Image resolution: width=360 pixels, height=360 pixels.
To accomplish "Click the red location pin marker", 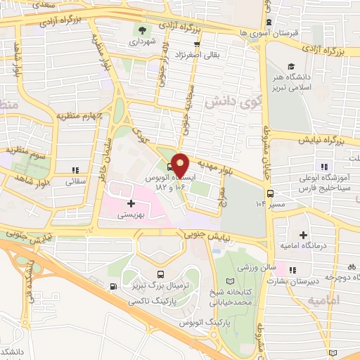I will pos(181,165).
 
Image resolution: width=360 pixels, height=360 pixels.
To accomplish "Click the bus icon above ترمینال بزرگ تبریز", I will pos(161,275).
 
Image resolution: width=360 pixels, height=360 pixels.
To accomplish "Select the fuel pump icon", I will pos(113,286).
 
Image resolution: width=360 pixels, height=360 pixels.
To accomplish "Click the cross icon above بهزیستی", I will pos(131,203).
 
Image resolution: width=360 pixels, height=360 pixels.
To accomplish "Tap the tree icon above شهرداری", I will pos(143,30).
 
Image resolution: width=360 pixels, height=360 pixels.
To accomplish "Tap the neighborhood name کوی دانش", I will pos(226,103).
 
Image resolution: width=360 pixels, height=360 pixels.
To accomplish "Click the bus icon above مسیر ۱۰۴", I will pos(270,193).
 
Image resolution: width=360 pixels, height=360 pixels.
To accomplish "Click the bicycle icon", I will pos(352,266).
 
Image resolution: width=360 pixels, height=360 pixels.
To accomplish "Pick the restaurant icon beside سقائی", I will pos(75,169).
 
